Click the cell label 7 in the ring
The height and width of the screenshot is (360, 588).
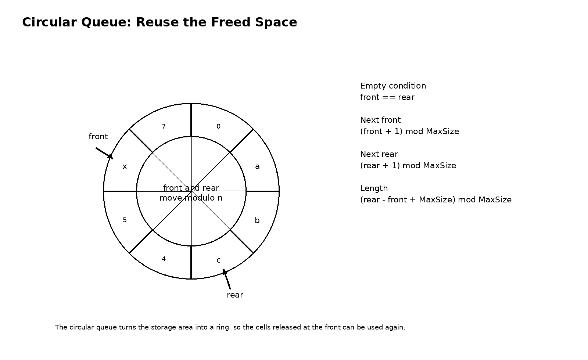pos(164,126)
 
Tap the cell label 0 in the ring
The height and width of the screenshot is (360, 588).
pos(218,126)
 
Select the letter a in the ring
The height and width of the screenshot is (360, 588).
pos(257,166)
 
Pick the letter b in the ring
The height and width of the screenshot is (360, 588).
pos(257,220)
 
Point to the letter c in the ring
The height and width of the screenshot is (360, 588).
pos(219,260)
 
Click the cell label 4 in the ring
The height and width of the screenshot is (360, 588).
pos(164,259)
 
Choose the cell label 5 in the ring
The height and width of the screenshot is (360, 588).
pos(125,220)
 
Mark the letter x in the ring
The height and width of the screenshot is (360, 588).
pos(125,166)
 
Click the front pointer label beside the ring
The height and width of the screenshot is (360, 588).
pos(98,137)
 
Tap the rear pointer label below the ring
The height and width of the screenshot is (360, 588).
pos(235,295)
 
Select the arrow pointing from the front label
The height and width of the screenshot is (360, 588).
pos(105,154)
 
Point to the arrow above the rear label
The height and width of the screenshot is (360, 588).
pos(227,279)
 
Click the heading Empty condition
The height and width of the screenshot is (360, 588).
pos(393,86)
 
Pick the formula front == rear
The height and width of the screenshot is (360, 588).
pos(387,97)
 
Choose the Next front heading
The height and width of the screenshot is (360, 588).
pos(380,120)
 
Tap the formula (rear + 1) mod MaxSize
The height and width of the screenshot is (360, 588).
pos(408,166)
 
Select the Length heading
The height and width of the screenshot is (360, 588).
pos(374,188)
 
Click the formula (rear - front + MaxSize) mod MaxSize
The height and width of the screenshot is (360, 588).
pos(435,200)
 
